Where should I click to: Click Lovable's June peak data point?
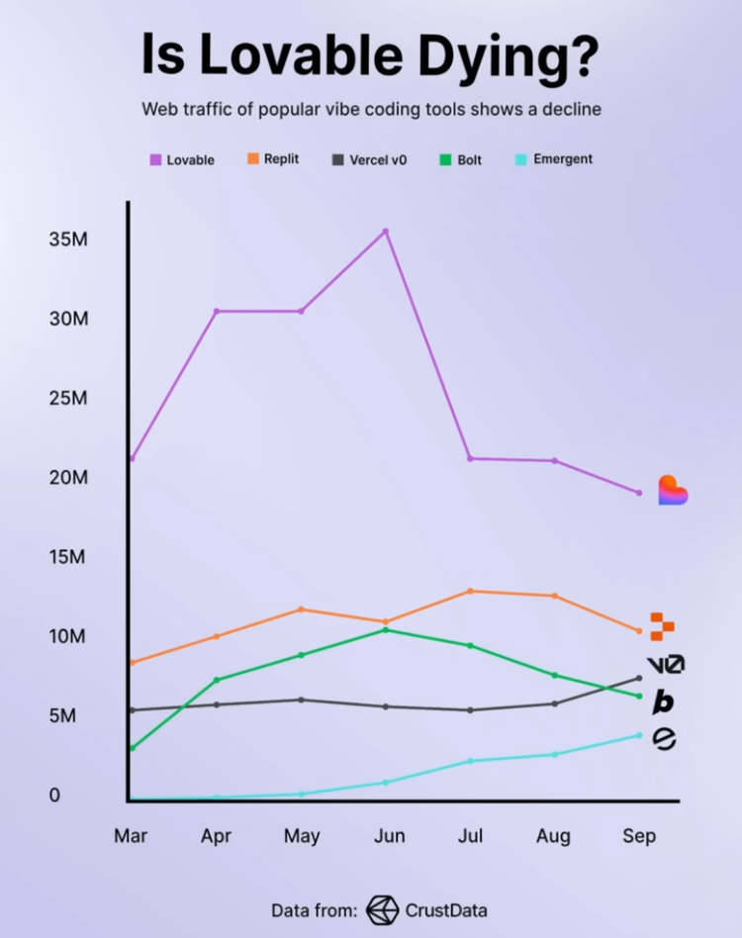coord(385,231)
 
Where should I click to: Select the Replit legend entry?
coord(273,158)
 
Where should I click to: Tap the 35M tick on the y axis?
coord(68,239)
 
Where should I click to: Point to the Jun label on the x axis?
coord(389,836)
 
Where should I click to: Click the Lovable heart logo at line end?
coord(673,490)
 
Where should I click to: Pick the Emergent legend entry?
coord(553,158)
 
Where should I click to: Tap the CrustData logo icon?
coord(382,909)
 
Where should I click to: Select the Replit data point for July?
coord(470,591)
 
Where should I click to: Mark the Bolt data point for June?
coord(385,629)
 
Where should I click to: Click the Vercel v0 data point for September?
coord(638,678)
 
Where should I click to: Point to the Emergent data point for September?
coord(638,735)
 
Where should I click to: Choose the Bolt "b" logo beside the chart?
coord(664,702)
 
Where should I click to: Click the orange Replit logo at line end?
coord(662,625)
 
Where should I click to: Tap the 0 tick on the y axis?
coord(55,795)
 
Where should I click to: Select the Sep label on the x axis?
coord(639,836)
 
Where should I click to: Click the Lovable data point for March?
coord(132,458)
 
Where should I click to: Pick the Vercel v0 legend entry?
coord(369,158)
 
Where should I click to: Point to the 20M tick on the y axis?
coord(68,477)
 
